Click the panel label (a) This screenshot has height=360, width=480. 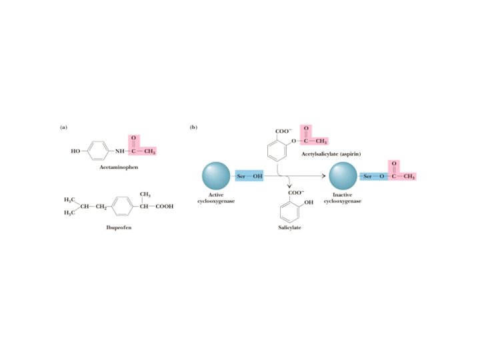63,127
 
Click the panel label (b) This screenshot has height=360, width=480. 193,127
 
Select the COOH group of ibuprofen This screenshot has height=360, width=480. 164,207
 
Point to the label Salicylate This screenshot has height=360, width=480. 290,228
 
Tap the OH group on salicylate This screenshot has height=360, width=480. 309,202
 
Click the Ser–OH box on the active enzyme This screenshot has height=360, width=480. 249,176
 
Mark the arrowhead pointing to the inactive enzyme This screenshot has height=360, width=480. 326,176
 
